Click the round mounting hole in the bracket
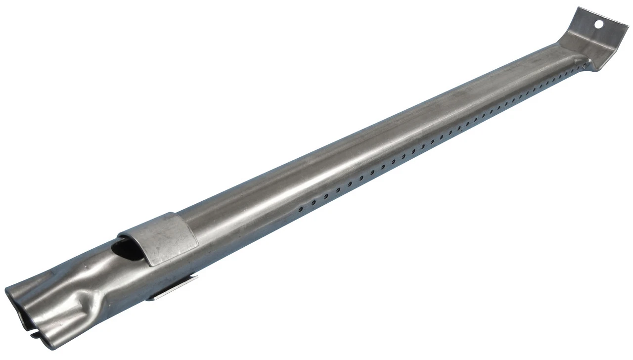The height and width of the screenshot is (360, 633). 598,23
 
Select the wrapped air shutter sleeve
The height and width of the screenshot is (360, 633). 163,237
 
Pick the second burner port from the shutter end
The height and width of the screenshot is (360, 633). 313,203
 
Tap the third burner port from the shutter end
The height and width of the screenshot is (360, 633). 326,196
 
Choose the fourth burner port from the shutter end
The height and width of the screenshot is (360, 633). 338,190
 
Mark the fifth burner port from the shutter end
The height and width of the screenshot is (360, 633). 350,184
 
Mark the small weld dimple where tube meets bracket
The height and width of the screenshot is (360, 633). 588,62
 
